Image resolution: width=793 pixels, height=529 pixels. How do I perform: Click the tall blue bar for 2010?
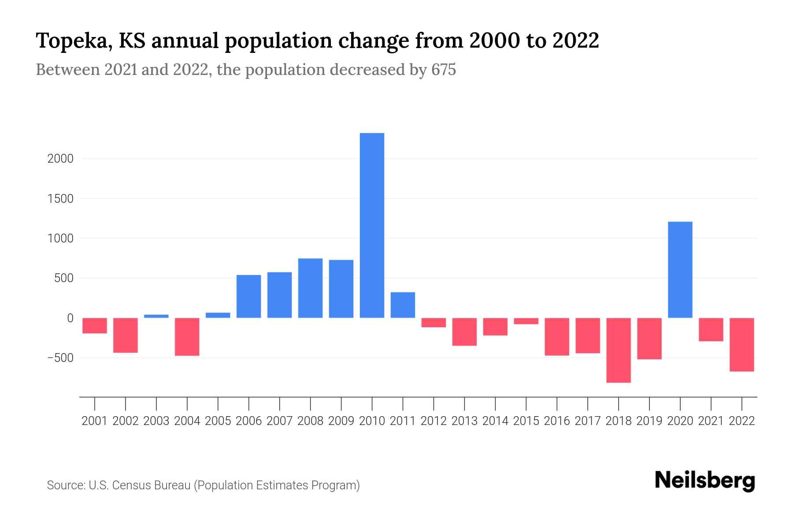coord(372,225)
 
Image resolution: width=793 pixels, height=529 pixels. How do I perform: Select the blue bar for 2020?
coord(680,269)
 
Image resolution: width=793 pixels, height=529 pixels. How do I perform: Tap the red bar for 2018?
coord(619,350)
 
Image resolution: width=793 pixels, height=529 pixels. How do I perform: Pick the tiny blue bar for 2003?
coord(156,316)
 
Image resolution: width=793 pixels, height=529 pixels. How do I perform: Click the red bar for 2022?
coord(741,344)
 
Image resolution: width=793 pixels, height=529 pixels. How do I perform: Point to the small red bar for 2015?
coord(526,321)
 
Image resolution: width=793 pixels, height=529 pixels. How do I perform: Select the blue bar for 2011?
coord(403,305)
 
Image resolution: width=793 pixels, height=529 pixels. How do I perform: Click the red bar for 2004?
coord(187,336)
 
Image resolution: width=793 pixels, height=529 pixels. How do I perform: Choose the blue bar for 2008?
coord(310,288)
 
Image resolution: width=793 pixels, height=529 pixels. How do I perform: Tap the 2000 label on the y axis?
coord(60,159)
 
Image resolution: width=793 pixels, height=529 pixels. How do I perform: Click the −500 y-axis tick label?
coord(60,358)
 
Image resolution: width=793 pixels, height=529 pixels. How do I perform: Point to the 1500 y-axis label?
coord(60,199)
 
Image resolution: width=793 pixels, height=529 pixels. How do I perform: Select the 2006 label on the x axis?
coord(249,421)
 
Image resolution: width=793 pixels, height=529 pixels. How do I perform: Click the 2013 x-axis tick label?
coord(464,421)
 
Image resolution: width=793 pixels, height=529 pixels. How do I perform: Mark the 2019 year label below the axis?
coord(649,421)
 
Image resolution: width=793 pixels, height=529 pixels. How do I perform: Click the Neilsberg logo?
coord(705,481)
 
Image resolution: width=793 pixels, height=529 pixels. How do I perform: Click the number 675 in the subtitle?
coord(444,70)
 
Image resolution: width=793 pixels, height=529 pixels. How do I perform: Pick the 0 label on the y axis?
coord(70,318)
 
